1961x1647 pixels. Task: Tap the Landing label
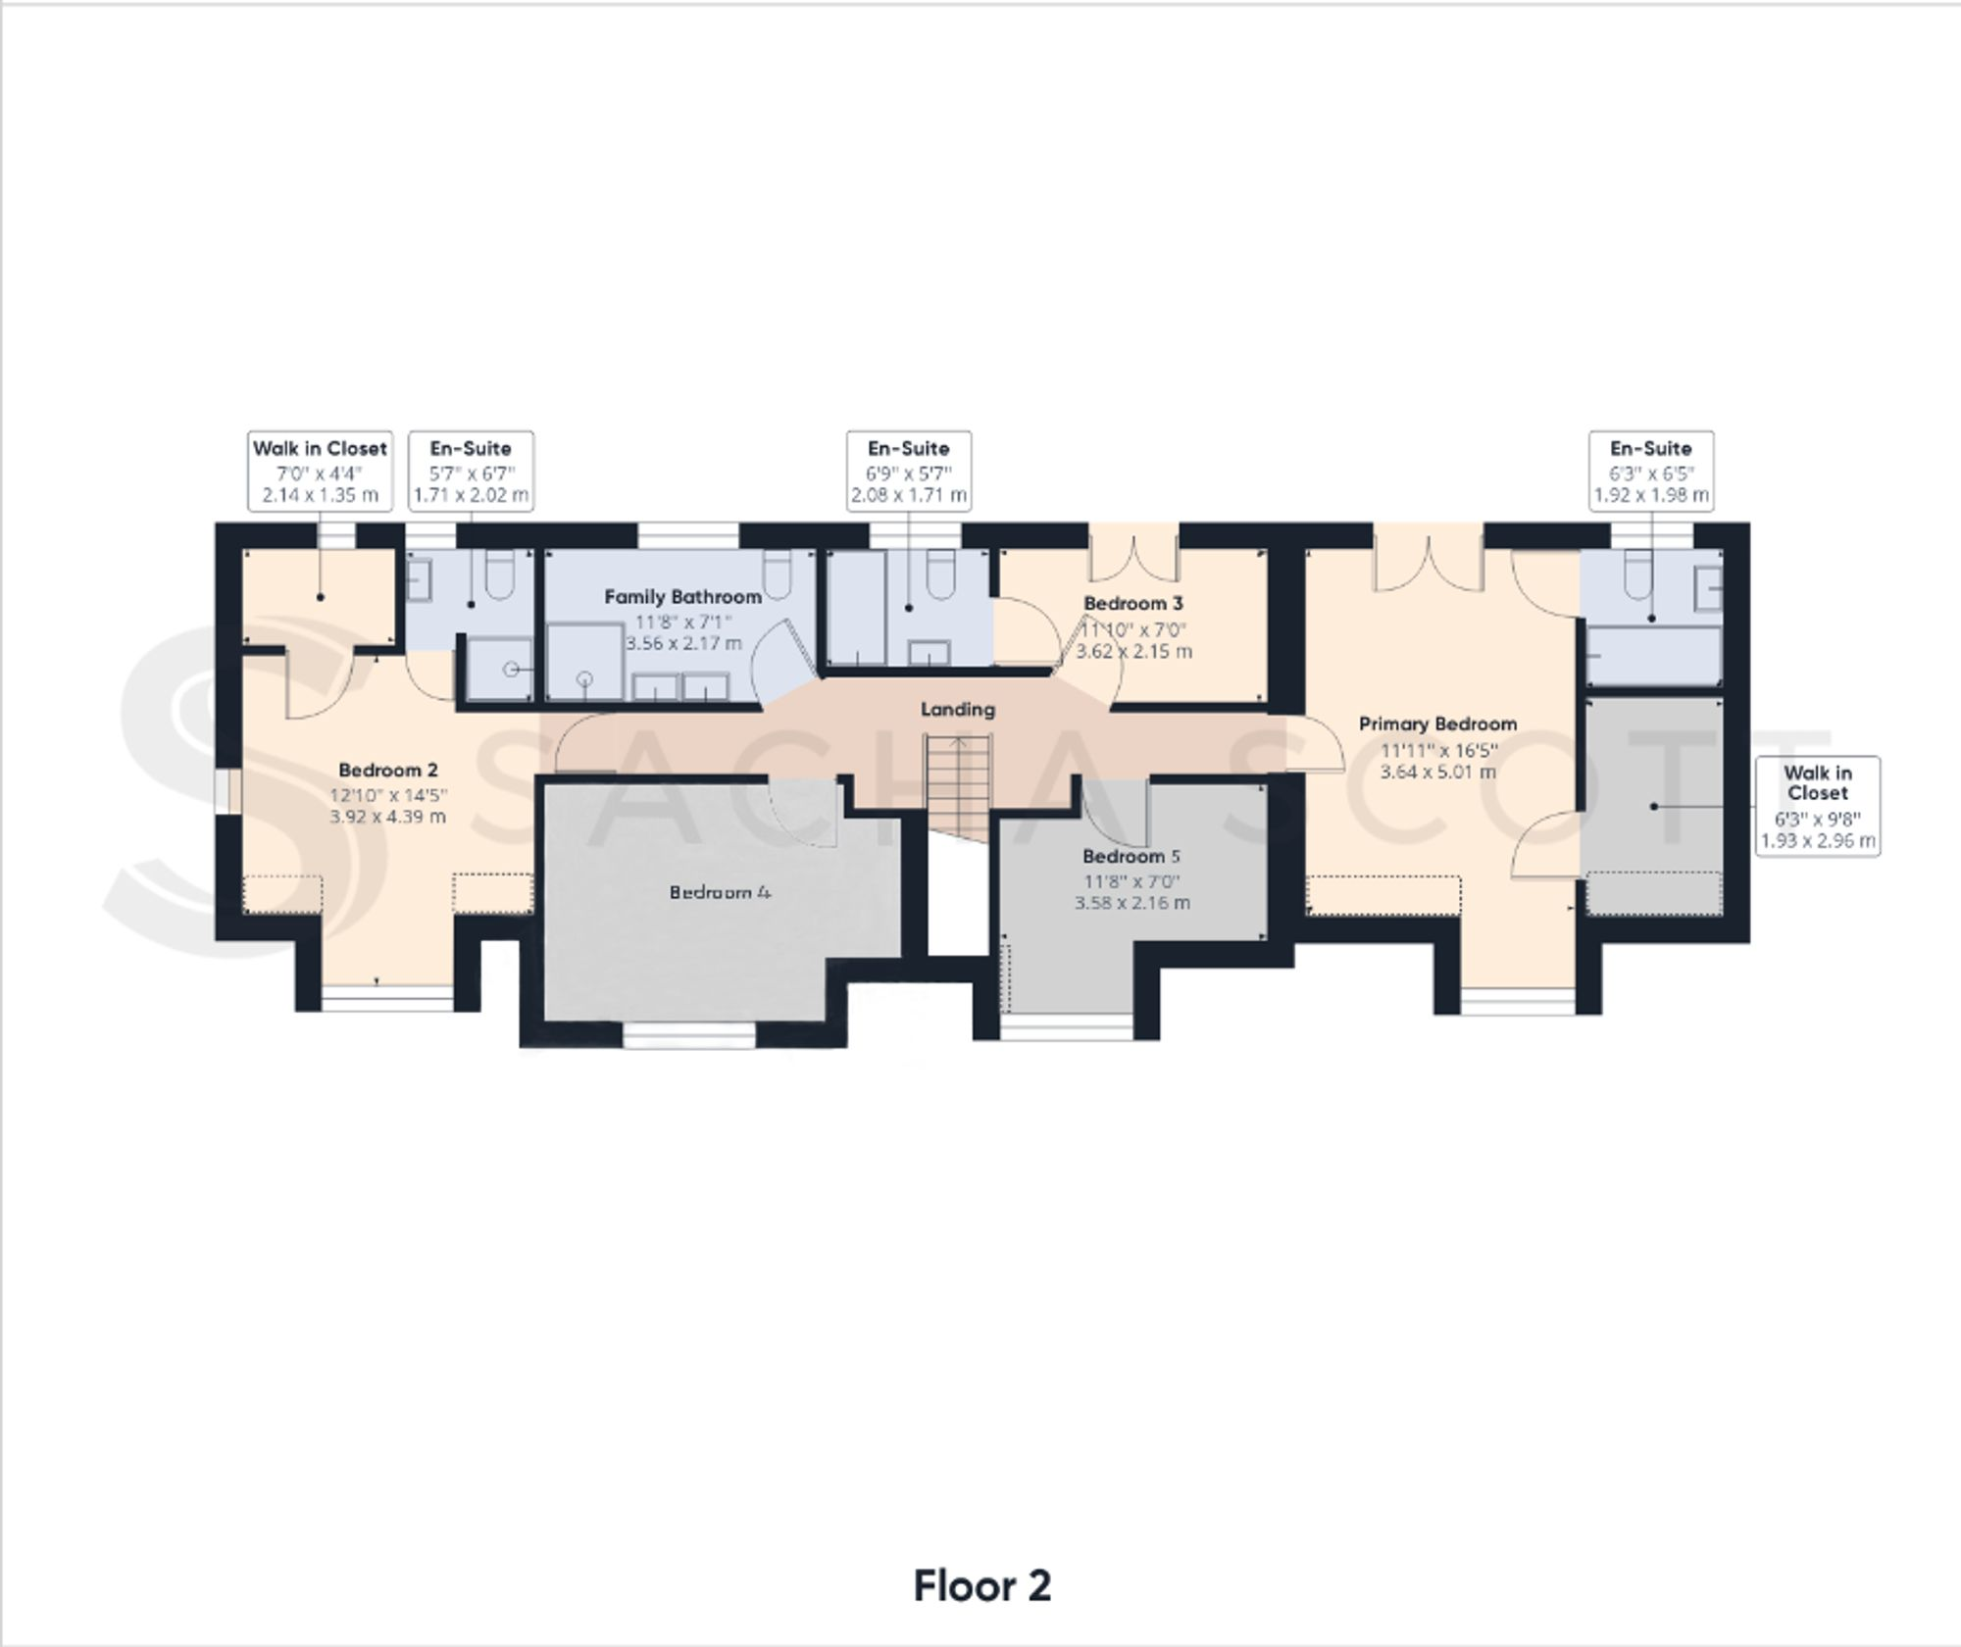pos(957,709)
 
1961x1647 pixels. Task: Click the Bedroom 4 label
pos(720,892)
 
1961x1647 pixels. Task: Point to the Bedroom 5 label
pos(1131,856)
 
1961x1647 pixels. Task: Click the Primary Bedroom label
pos(1437,724)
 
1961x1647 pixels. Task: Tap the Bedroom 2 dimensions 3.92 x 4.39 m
pos(388,817)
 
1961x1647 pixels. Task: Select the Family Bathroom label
pos(682,596)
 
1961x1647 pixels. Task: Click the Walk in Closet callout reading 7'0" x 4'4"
pos(320,471)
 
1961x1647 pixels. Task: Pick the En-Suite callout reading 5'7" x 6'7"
pos(471,471)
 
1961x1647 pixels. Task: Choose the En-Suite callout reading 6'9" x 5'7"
pos(909,471)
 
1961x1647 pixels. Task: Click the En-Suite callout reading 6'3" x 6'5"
pos(1651,471)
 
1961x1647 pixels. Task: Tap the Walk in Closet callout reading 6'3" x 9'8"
pos(1817,806)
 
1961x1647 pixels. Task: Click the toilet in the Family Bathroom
pos(778,576)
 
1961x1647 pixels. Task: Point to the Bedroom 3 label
pos(1132,603)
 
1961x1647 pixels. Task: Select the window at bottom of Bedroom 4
pos(689,1036)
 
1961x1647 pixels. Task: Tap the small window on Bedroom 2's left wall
pos(228,791)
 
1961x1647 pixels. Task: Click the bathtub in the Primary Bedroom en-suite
pos(1653,656)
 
